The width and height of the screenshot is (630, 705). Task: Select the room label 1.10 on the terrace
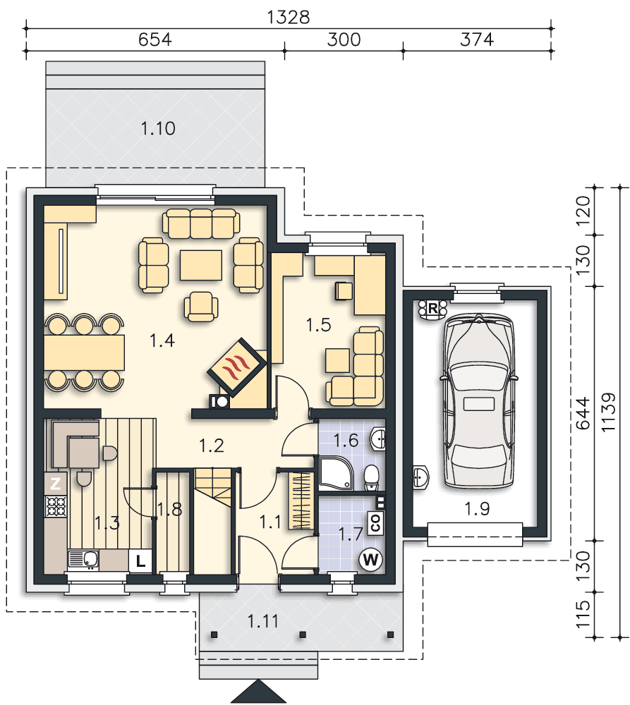tap(158, 129)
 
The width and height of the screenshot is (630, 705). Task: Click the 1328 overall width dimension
tap(289, 18)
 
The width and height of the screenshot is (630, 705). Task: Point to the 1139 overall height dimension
tap(608, 412)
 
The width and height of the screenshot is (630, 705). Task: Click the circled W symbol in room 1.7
tap(370, 560)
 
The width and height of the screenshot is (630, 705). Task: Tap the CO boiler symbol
tap(375, 523)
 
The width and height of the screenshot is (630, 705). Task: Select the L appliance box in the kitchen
tap(140, 561)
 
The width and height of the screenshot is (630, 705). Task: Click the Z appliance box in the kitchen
tap(55, 484)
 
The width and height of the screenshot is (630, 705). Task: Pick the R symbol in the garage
tap(432, 309)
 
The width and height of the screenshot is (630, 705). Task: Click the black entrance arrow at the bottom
tap(259, 692)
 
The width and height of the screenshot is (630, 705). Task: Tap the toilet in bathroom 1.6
tap(371, 477)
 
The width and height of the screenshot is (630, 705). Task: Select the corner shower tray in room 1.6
tap(336, 473)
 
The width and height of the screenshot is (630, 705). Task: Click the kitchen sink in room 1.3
tap(84, 560)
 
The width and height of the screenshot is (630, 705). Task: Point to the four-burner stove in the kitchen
tap(56, 505)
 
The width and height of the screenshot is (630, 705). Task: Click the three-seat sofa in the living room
tap(201, 223)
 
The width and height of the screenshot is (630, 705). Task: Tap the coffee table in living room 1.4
tap(200, 264)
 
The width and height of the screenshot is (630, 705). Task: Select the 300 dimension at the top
tap(344, 39)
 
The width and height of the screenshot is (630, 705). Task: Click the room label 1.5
tap(318, 324)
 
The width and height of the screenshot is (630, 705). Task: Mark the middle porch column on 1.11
tap(303, 635)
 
